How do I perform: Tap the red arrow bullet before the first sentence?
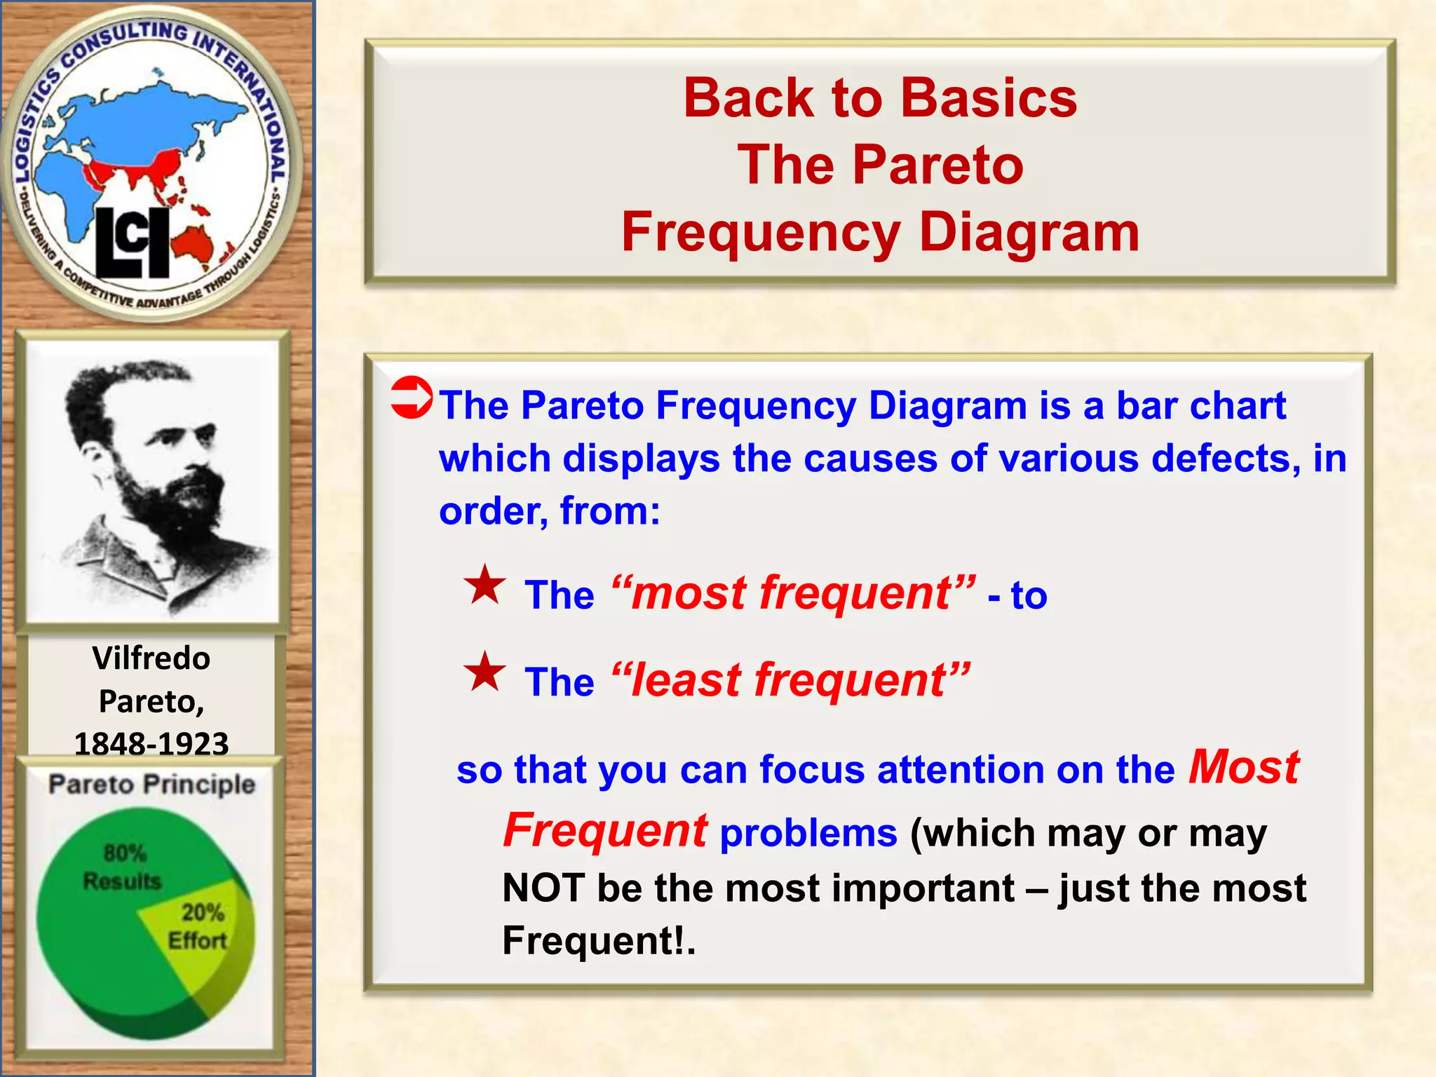(x=412, y=398)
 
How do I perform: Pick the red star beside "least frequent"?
(x=485, y=672)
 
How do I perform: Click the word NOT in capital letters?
(x=543, y=888)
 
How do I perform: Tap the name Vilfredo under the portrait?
(x=151, y=658)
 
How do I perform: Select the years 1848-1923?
(x=151, y=743)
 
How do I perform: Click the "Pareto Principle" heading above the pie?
(x=151, y=784)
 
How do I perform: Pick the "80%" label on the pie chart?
(x=125, y=853)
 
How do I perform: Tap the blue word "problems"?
(x=808, y=834)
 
